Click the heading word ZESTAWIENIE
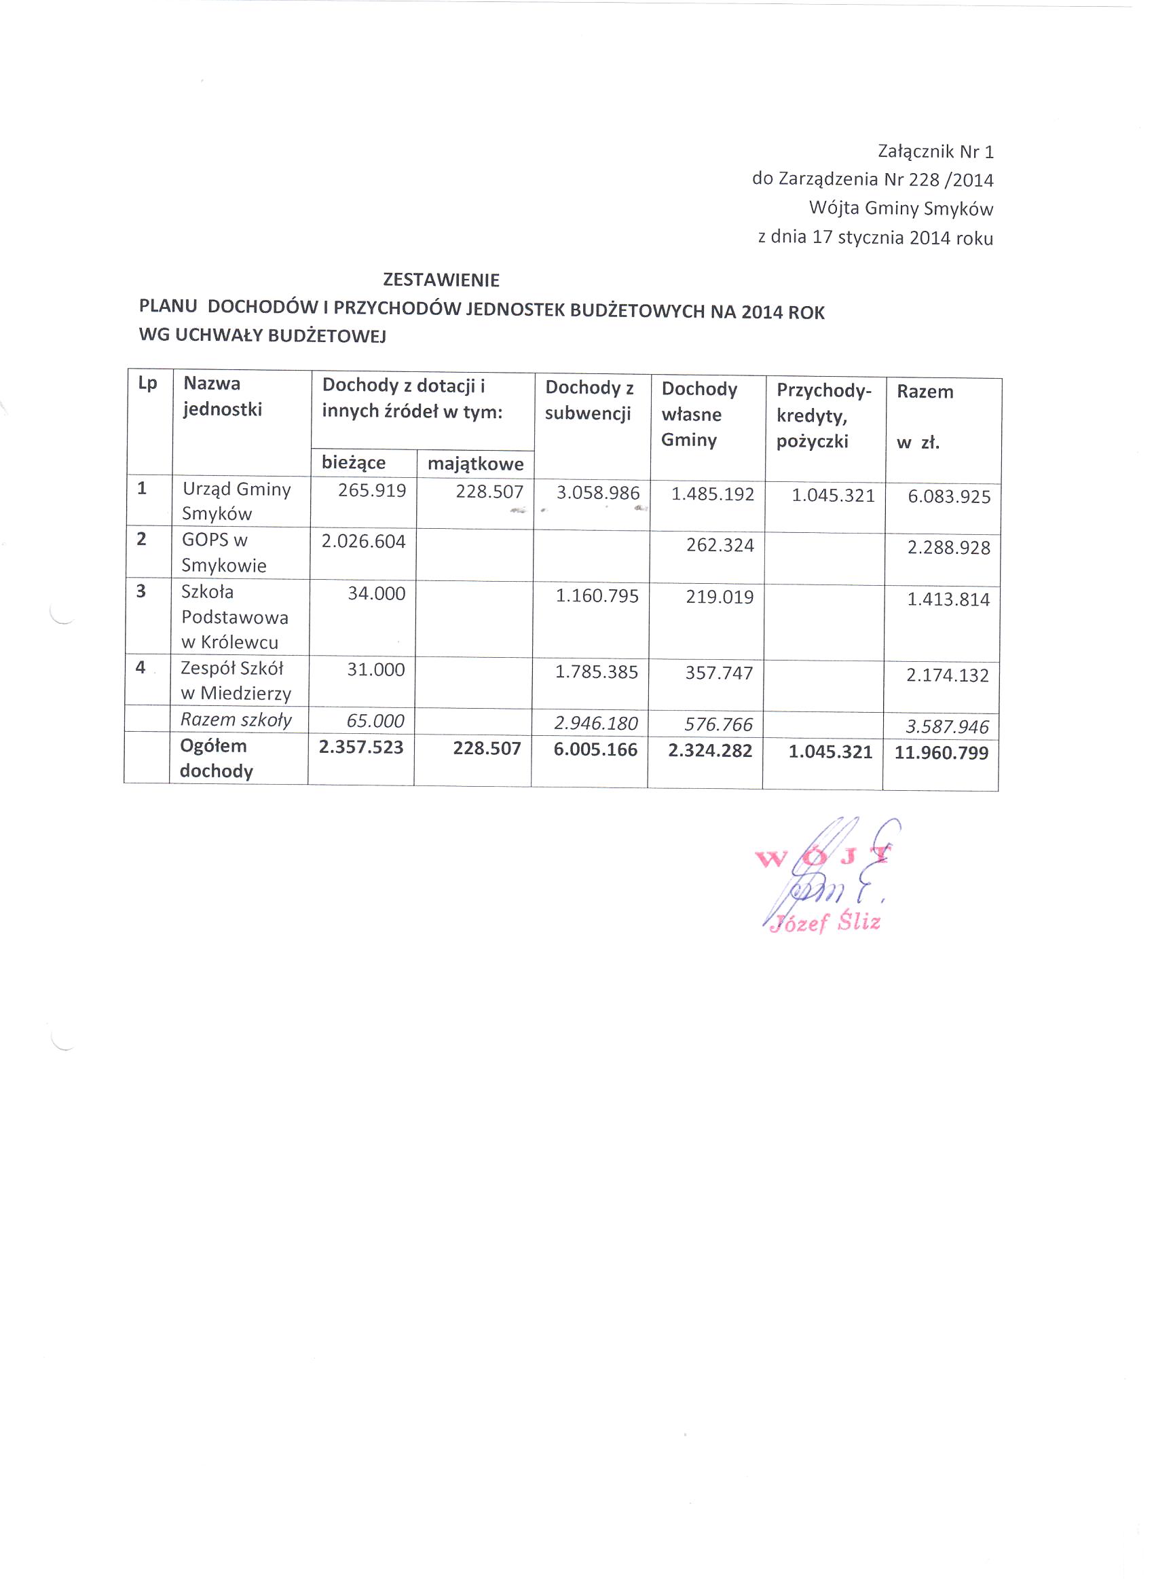click(x=441, y=280)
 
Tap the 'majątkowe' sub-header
click(x=475, y=464)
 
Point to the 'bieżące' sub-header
click(x=354, y=462)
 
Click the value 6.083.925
click(x=948, y=496)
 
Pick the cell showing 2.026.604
click(x=363, y=541)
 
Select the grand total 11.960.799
click(x=941, y=753)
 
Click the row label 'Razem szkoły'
click(x=236, y=720)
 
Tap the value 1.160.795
click(x=597, y=596)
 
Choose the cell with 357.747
click(x=719, y=673)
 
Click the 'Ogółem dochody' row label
click(x=215, y=758)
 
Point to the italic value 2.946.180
click(x=596, y=723)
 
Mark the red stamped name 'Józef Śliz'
click(x=824, y=923)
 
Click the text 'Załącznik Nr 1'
click(x=935, y=151)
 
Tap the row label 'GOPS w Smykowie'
click(x=223, y=553)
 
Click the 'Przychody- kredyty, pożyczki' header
click(x=823, y=415)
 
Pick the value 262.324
click(x=720, y=544)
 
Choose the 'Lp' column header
click(x=148, y=384)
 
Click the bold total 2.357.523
click(x=361, y=747)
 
